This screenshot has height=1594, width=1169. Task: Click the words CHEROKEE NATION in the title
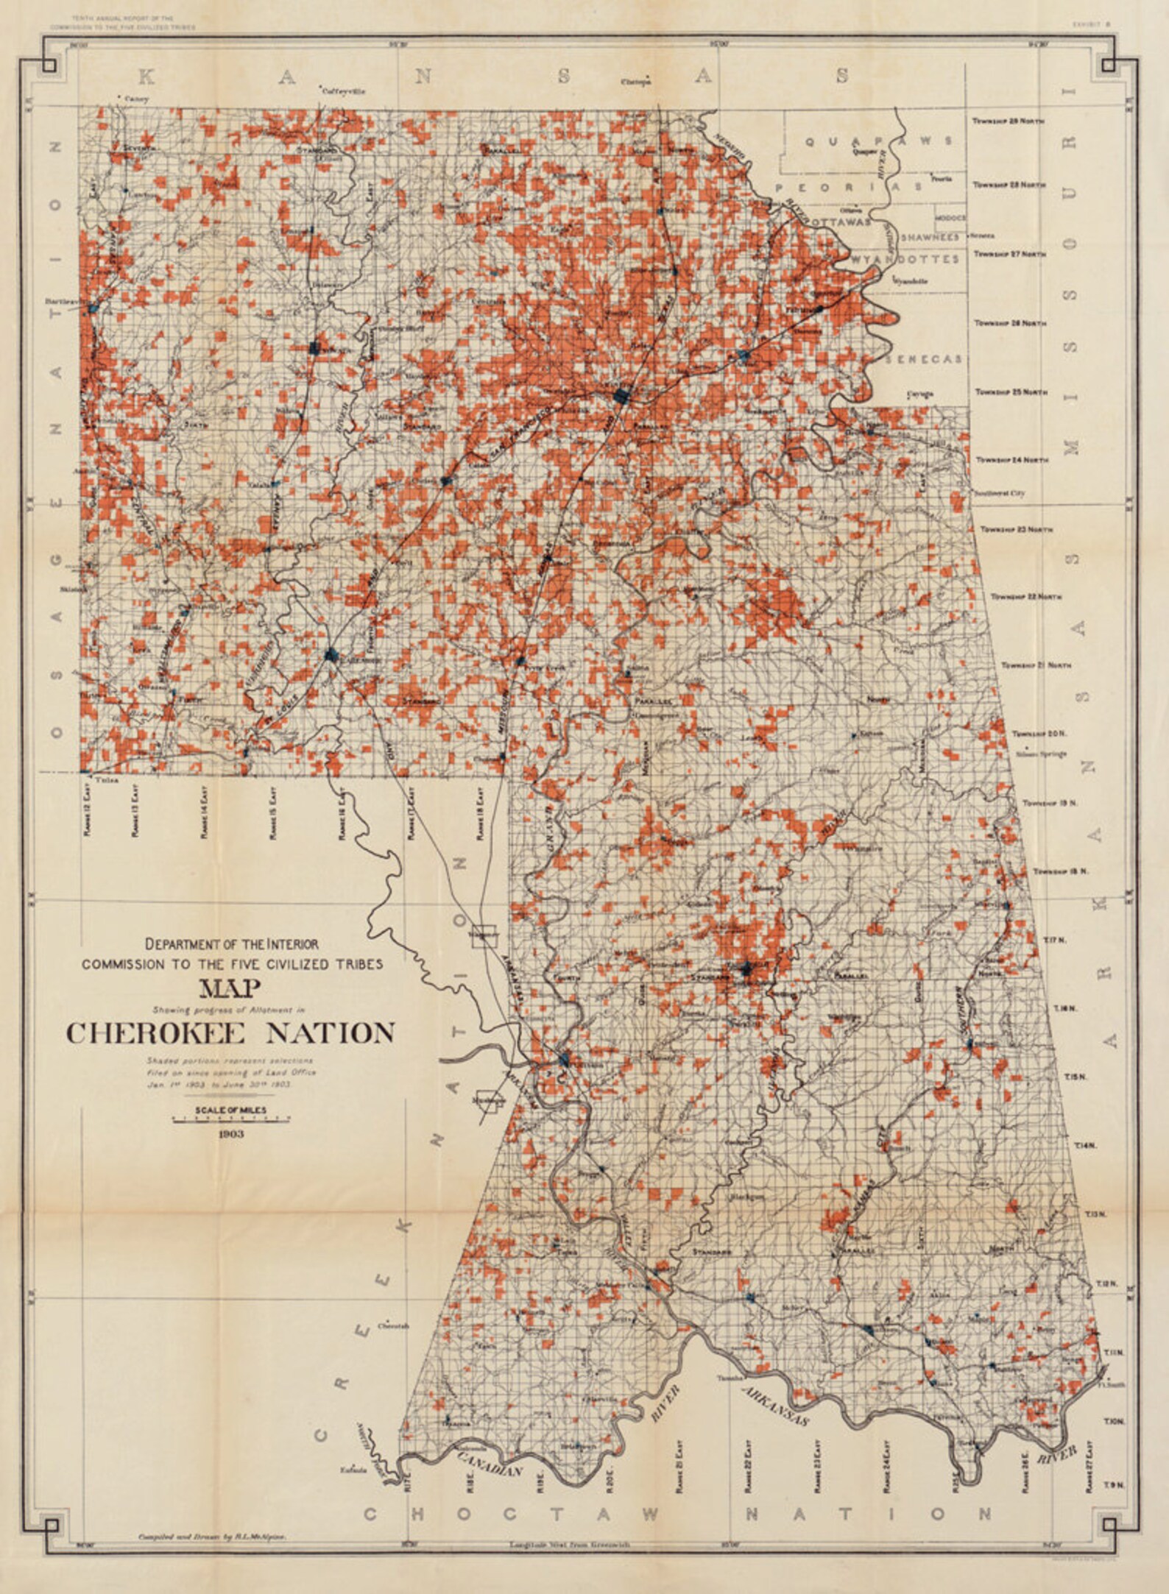[231, 1033]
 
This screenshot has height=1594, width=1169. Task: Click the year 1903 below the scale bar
[231, 1134]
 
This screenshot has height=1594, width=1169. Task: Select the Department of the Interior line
[232, 943]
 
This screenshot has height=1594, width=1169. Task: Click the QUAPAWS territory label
[878, 141]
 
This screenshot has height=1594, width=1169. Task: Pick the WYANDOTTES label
[906, 259]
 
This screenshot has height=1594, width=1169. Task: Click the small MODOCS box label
[950, 219]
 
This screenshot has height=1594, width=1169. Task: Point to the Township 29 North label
[1007, 120]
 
